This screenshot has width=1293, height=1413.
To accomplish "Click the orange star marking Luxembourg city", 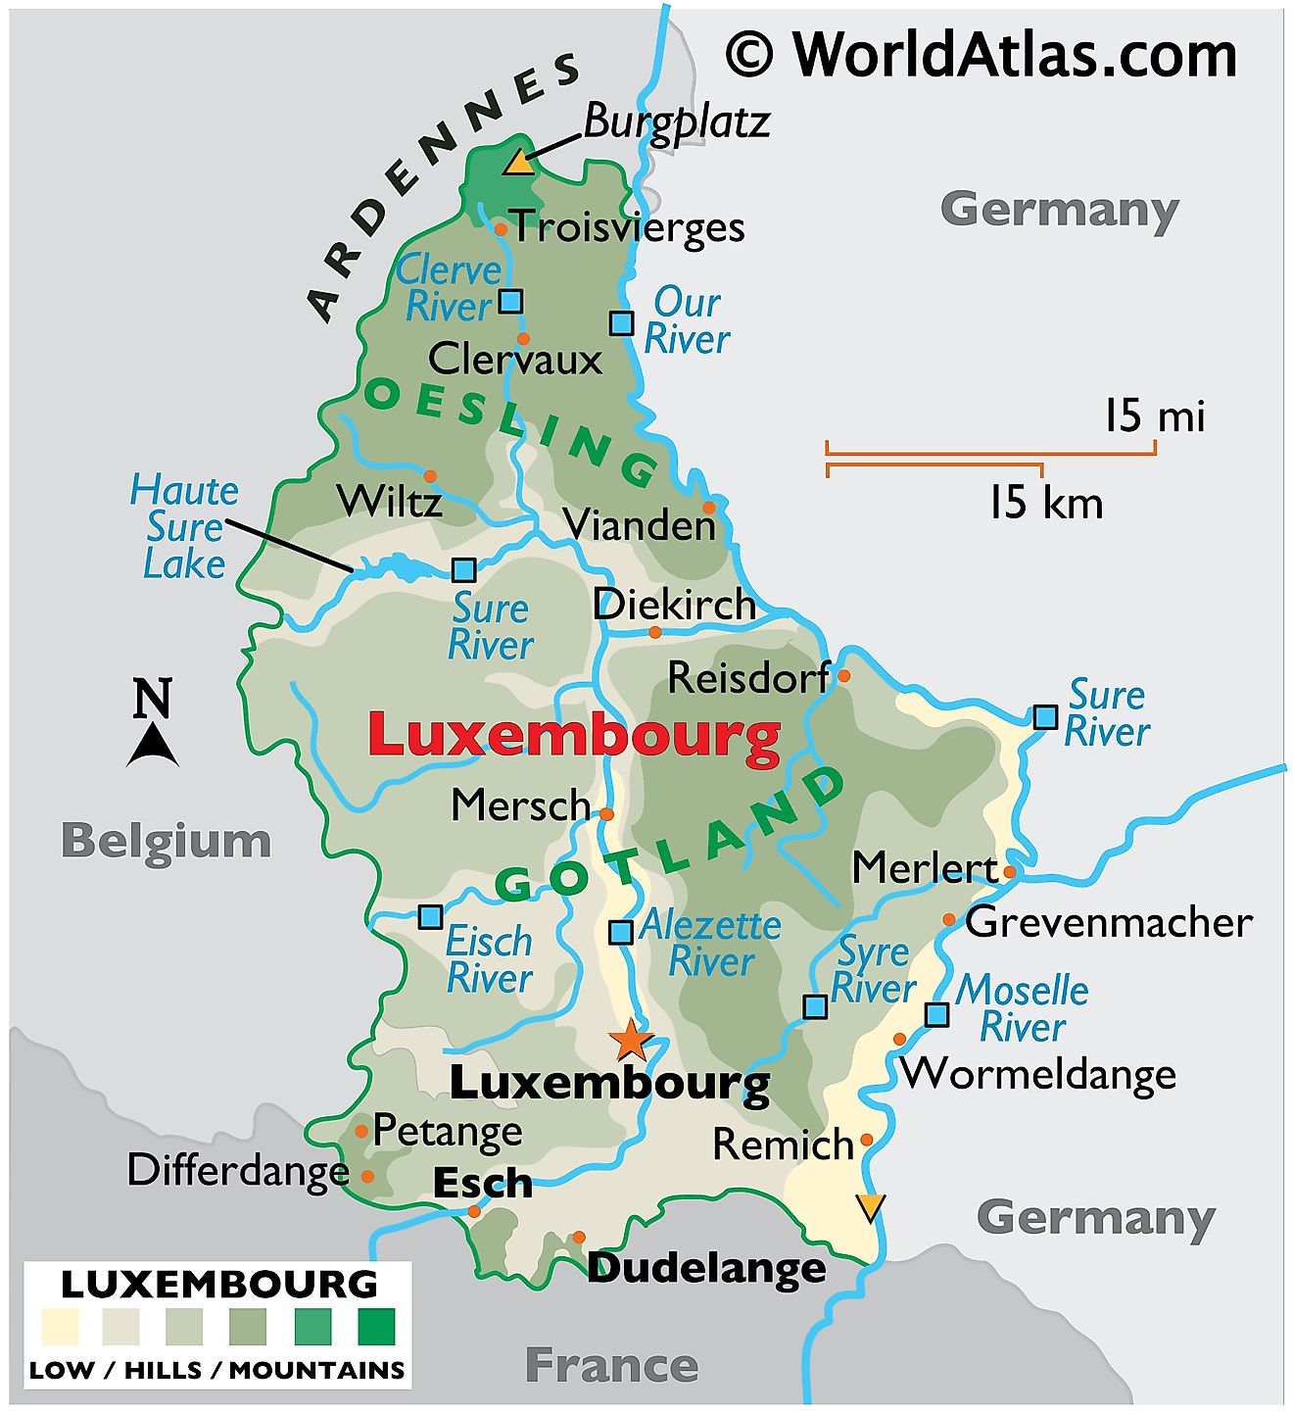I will (630, 1040).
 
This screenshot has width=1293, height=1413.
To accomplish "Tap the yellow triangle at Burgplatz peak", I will (518, 162).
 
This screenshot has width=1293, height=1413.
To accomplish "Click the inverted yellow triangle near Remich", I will (870, 1206).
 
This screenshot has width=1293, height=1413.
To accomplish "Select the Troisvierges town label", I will (628, 227).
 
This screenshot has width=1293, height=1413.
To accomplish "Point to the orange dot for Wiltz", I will (429, 476).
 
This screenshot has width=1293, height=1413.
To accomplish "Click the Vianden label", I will (640, 525).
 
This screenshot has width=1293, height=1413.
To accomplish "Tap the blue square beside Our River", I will (621, 322).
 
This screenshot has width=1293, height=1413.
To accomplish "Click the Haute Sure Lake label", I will (183, 527).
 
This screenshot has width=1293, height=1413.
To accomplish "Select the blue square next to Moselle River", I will (936, 1014).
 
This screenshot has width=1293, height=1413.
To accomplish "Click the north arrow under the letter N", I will (153, 746).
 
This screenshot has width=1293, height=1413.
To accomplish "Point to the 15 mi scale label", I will (1154, 416).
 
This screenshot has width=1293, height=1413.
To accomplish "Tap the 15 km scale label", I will (1045, 503).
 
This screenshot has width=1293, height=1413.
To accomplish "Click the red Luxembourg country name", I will (574, 736).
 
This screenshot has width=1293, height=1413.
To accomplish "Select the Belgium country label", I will (166, 841).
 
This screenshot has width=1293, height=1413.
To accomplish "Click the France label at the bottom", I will (611, 1365).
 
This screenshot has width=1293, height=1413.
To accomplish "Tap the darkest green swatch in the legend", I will (376, 1327).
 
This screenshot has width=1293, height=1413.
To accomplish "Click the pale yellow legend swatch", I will (60, 1327).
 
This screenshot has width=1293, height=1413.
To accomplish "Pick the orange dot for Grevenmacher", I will (948, 919).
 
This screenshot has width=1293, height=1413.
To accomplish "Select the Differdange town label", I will (238, 1170).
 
